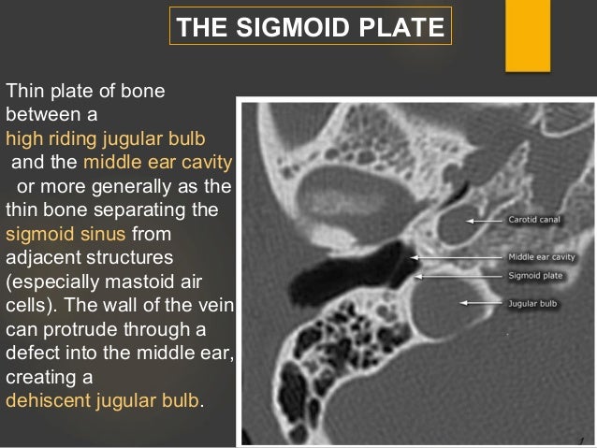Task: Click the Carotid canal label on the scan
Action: click(x=536, y=221)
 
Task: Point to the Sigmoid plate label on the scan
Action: click(x=536, y=276)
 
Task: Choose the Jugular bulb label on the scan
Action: click(x=533, y=303)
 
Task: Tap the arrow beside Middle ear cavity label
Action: click(x=458, y=256)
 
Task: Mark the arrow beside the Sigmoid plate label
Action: click(x=459, y=276)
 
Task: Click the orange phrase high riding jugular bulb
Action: click(x=104, y=139)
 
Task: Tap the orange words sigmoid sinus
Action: click(x=66, y=232)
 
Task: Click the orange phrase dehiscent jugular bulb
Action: click(x=102, y=399)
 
